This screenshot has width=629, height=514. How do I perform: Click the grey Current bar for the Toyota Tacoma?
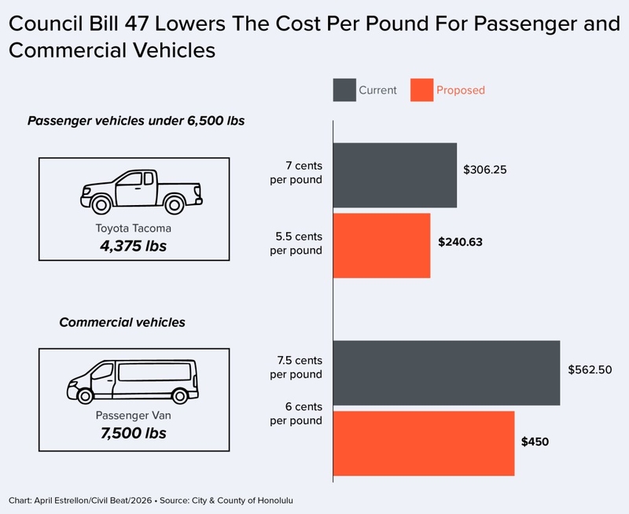point(395,175)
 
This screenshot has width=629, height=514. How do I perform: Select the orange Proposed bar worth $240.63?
point(381,245)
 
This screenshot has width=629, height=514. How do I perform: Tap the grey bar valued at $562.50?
point(447,373)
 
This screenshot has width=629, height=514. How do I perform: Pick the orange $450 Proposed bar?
point(424,443)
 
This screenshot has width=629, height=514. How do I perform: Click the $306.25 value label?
point(485,170)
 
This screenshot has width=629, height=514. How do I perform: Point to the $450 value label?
point(535,442)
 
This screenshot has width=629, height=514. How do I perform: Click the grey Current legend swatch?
point(344,90)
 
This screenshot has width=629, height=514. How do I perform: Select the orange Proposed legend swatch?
point(421,90)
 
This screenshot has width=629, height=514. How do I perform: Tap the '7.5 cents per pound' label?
point(296,367)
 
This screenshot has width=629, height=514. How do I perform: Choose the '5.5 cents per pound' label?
point(296,244)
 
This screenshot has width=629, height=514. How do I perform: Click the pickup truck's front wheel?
point(101,205)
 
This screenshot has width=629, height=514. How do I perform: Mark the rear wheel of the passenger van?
point(179,396)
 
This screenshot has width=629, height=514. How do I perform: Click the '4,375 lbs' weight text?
point(134,246)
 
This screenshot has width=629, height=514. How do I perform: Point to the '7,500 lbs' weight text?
point(134,433)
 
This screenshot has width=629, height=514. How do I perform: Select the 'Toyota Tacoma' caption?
point(134,228)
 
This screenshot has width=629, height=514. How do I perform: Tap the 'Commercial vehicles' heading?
point(123,322)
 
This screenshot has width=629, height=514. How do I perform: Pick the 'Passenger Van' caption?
point(134,416)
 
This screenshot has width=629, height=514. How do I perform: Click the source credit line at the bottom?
point(151,501)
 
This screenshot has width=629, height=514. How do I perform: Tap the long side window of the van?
point(154,372)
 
